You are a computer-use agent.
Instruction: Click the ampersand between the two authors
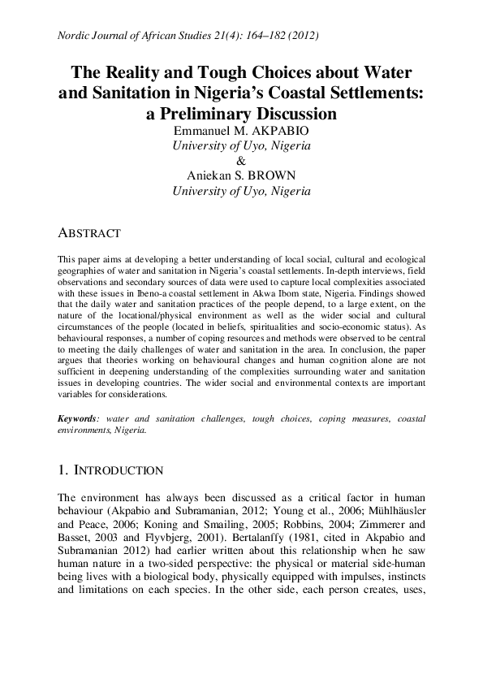pyautogui.click(x=241, y=161)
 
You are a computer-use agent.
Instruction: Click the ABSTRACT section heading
pyautogui.click(x=89, y=233)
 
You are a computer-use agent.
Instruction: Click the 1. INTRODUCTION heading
pyautogui.click(x=110, y=471)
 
